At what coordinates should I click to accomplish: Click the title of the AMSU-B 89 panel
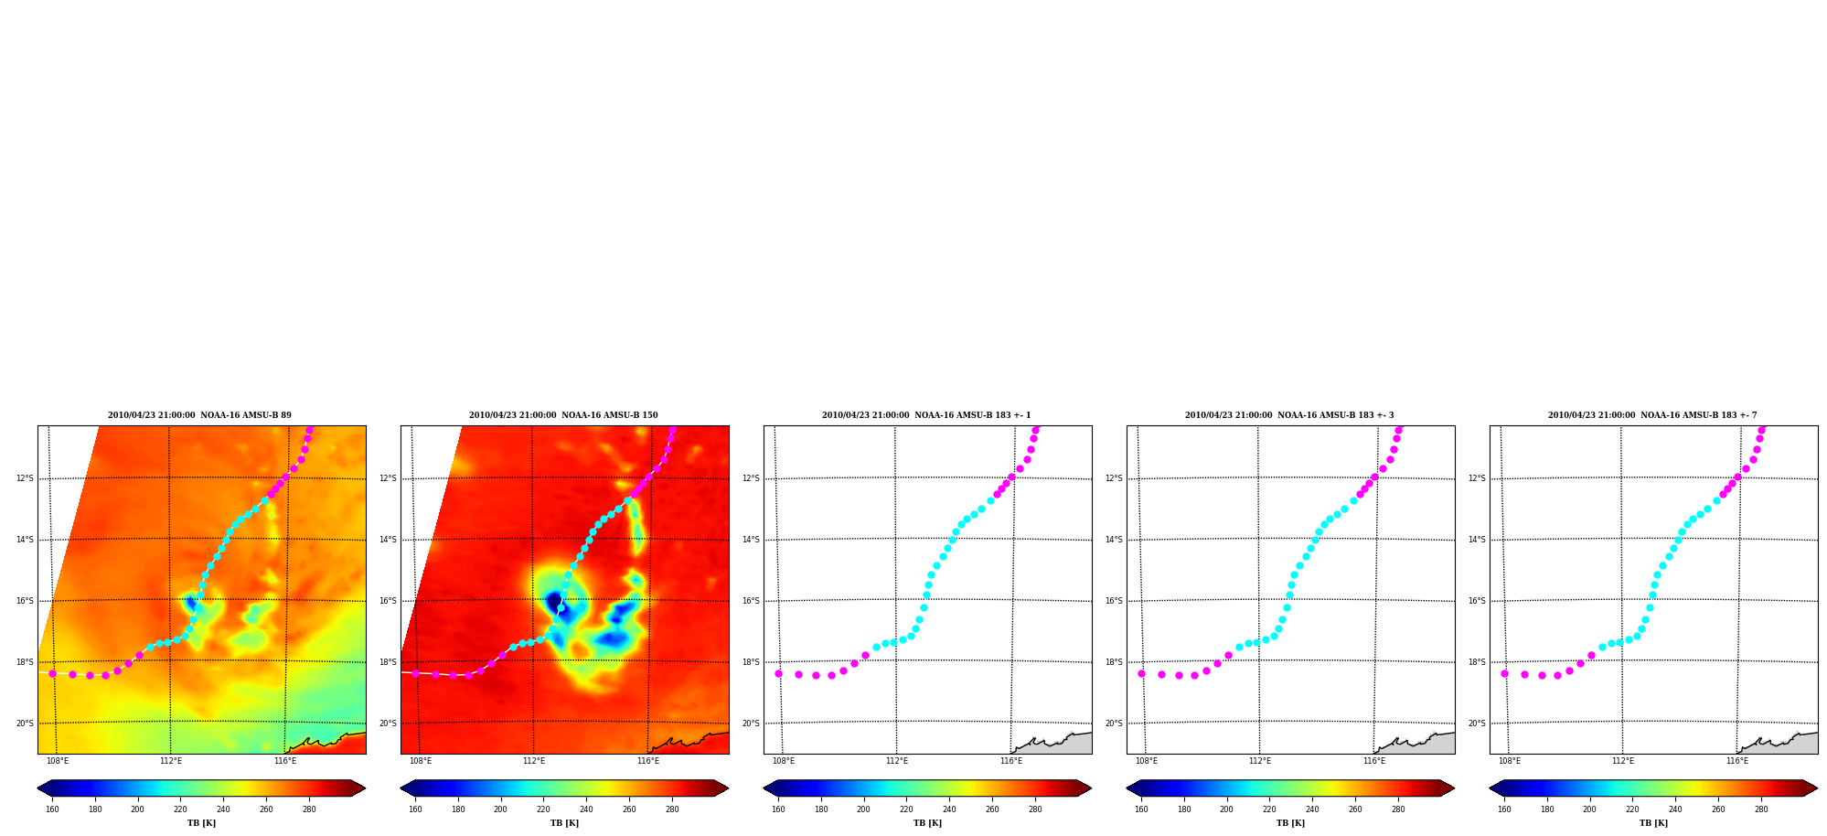pos(199,415)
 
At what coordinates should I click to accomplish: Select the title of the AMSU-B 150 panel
pos(563,415)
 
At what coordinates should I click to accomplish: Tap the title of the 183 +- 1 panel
pos(926,415)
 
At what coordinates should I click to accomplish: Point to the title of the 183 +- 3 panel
pos(1289,415)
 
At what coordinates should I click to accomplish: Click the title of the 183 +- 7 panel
pos(1652,415)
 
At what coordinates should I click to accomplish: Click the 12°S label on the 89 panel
pos(25,478)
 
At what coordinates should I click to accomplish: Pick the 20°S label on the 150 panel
pos(388,723)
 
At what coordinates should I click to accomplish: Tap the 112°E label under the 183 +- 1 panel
pos(897,761)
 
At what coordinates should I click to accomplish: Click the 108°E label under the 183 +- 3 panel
pos(1147,761)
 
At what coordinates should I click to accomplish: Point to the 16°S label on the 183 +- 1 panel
pos(751,601)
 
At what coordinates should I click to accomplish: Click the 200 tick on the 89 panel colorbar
pos(137,809)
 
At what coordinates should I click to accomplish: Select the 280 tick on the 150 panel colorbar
pos(672,809)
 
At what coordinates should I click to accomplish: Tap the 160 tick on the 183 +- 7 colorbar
pos(1504,809)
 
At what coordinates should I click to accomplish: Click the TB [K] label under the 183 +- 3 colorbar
pos(1290,823)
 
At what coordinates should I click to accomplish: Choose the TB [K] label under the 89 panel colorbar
pos(201,823)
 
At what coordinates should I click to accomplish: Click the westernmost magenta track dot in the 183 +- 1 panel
pos(778,673)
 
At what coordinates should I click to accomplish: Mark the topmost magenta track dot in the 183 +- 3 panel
pos(1398,429)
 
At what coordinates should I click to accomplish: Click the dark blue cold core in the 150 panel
pos(555,602)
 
